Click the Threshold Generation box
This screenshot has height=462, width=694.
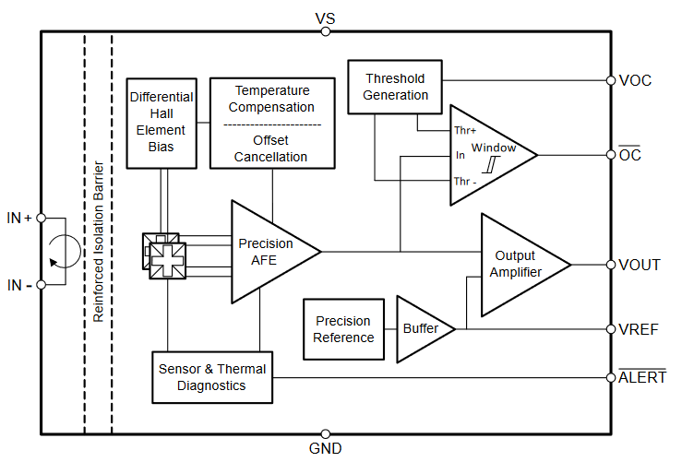tap(396, 87)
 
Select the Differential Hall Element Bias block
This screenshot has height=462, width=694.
tap(162, 122)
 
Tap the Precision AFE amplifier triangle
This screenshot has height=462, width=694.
tap(268, 251)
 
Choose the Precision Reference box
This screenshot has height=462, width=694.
tap(343, 329)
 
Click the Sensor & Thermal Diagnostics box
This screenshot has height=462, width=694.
tap(212, 377)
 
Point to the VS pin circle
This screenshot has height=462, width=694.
tap(325, 31)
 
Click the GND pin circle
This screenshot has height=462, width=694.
tap(325, 433)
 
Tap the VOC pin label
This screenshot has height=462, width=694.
tap(635, 80)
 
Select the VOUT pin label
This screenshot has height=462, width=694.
tap(640, 265)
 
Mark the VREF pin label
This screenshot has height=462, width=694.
tap(639, 329)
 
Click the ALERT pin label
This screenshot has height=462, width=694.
tap(642, 377)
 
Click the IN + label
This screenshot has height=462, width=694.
tap(19, 219)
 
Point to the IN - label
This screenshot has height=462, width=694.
tap(19, 285)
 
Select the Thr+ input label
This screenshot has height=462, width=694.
tap(465, 130)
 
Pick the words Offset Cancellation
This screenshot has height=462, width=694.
tap(272, 148)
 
